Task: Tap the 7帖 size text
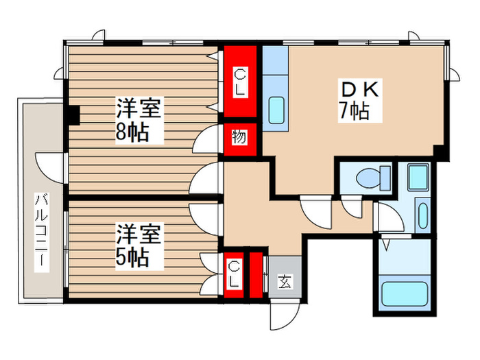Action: click(x=354, y=110)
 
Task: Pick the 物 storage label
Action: click(x=239, y=138)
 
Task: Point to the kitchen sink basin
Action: click(x=277, y=110)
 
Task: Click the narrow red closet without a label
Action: click(x=256, y=275)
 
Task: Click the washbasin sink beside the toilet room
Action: click(x=422, y=215)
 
